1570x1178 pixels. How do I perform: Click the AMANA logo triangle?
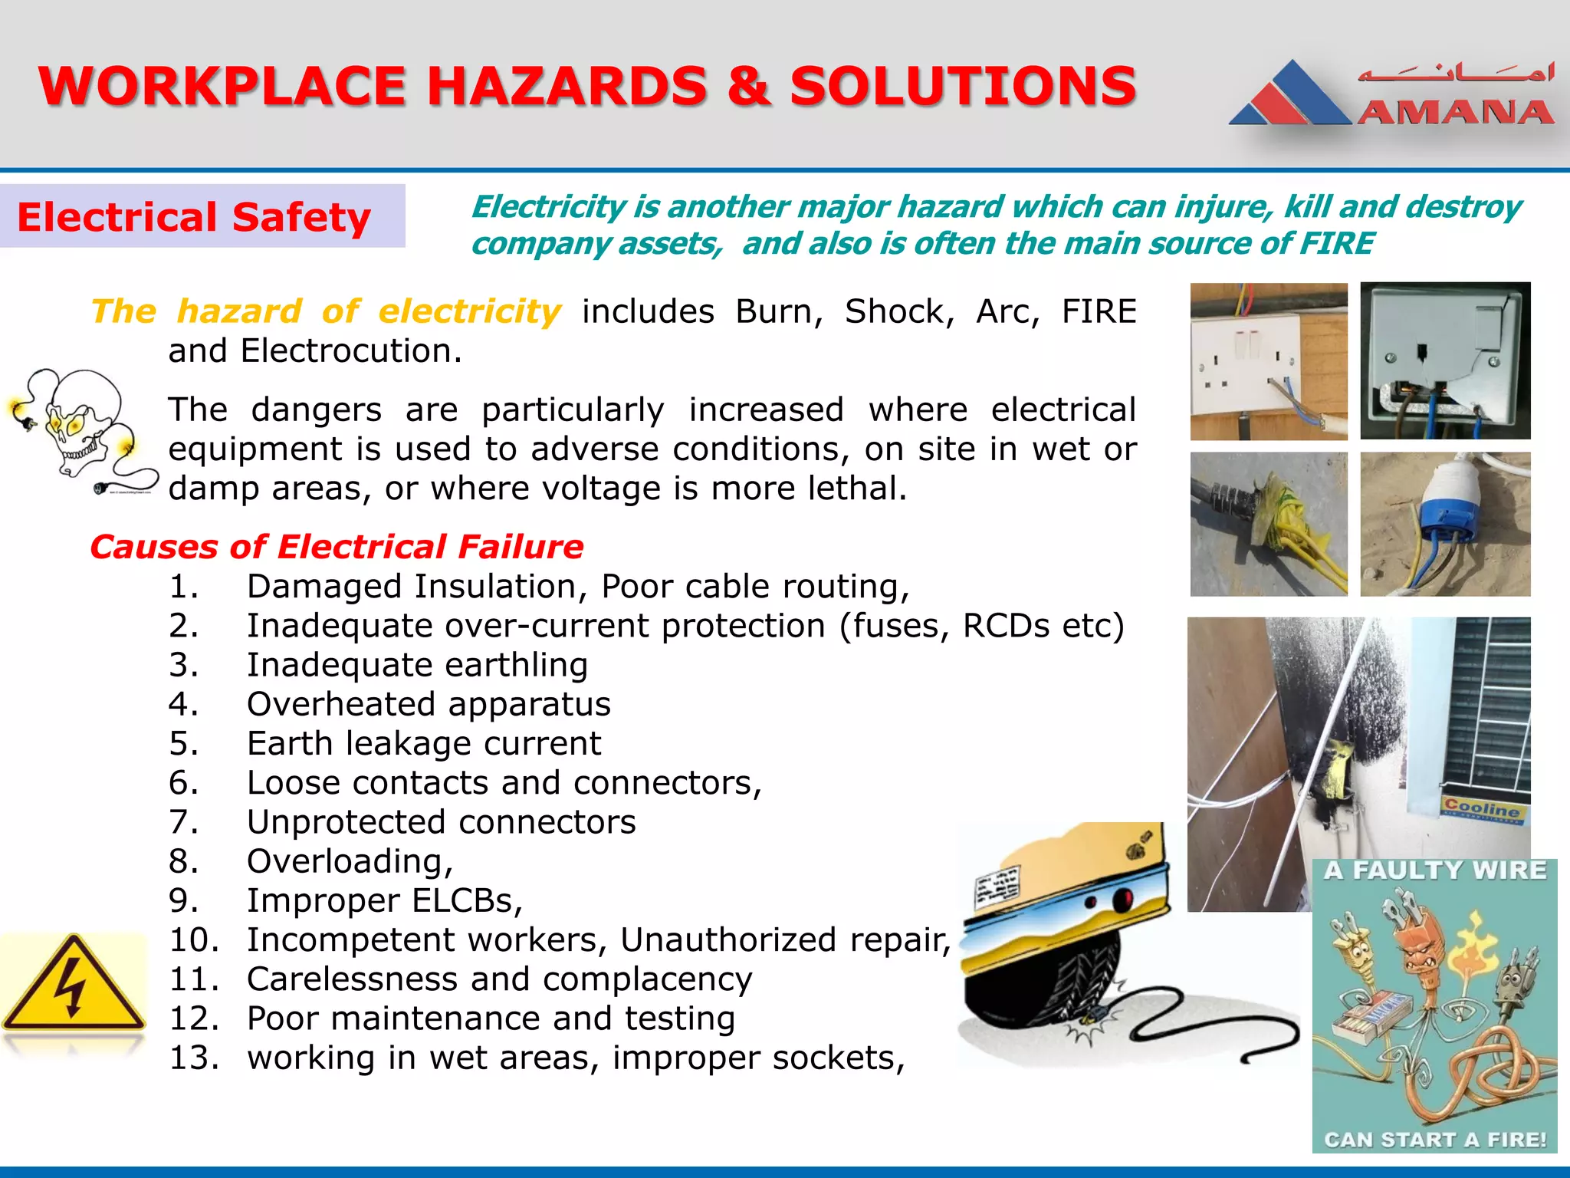click(x=1291, y=95)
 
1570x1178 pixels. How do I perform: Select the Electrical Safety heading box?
click(x=202, y=216)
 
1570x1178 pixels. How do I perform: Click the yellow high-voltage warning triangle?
click(x=73, y=986)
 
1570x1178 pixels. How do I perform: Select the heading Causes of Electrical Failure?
click(x=337, y=547)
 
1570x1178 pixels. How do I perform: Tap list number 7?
click(x=184, y=822)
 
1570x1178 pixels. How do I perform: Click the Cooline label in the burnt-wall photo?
click(x=1481, y=808)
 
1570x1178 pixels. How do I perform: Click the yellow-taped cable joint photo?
click(x=1268, y=524)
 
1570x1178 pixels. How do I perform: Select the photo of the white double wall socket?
click(x=1268, y=361)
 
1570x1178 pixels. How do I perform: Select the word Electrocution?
click(x=350, y=350)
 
